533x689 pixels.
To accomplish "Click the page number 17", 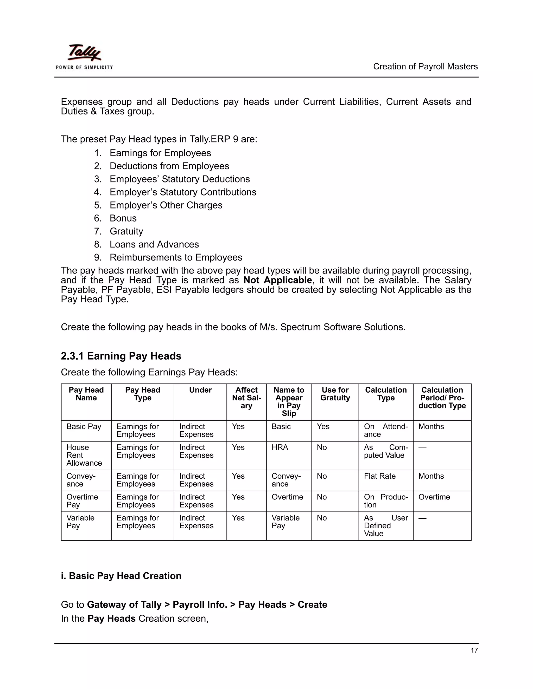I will [x=474, y=650].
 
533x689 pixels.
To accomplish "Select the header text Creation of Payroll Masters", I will [x=425, y=67].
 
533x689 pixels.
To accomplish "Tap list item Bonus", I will [x=123, y=218].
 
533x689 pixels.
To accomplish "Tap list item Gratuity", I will [x=126, y=231].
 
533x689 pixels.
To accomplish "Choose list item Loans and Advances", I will [x=154, y=244].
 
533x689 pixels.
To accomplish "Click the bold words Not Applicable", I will [x=277, y=280].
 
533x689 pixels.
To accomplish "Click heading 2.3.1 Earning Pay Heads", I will [x=121, y=356].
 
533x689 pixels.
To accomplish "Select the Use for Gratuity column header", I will [x=335, y=394].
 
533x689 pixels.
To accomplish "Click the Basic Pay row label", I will [x=84, y=426].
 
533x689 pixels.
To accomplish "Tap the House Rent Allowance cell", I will [x=84, y=455].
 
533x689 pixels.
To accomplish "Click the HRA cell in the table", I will [x=280, y=447].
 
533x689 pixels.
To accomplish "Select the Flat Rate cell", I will [x=379, y=476].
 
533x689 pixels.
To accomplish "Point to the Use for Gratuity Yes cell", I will [x=323, y=426].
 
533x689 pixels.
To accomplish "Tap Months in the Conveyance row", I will [x=431, y=476].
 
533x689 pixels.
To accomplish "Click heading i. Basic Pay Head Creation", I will [x=121, y=576].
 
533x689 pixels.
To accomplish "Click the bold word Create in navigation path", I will [x=312, y=604].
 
